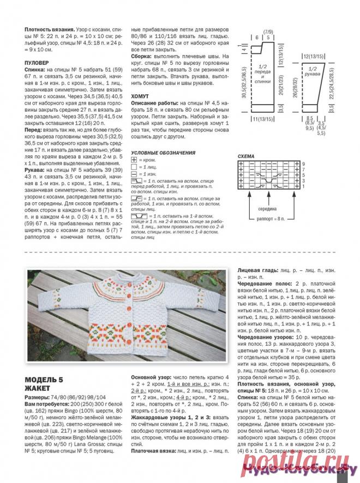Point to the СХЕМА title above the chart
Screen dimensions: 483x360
(247, 156)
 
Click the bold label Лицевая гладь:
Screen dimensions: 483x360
(257, 270)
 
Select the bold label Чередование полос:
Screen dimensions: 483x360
(265, 284)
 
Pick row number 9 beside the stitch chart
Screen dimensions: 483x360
(304, 164)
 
